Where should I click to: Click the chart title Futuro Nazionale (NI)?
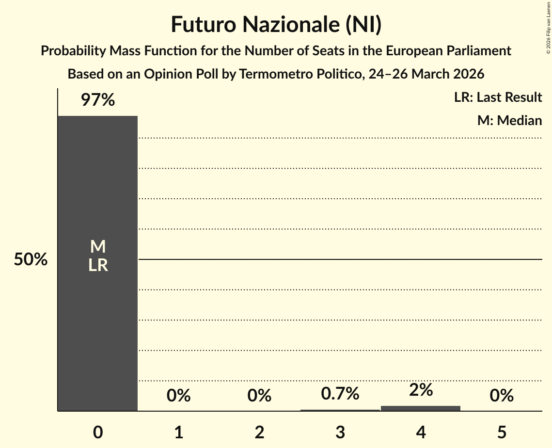click(276, 25)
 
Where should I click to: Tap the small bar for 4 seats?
click(421, 408)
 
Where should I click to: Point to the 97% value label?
click(97, 100)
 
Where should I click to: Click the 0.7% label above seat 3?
click(340, 394)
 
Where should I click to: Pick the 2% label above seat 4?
click(421, 390)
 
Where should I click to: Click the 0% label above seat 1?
click(178, 396)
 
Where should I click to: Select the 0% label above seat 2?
click(259, 396)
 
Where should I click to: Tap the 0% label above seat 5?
click(501, 396)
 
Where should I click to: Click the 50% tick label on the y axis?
click(31, 260)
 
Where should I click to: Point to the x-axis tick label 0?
click(97, 432)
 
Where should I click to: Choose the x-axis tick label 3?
click(340, 432)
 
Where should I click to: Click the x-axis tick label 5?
click(501, 432)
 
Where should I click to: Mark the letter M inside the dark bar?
click(97, 247)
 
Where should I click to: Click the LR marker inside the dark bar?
click(97, 265)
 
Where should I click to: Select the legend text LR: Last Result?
click(498, 97)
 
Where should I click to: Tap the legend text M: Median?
click(509, 120)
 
